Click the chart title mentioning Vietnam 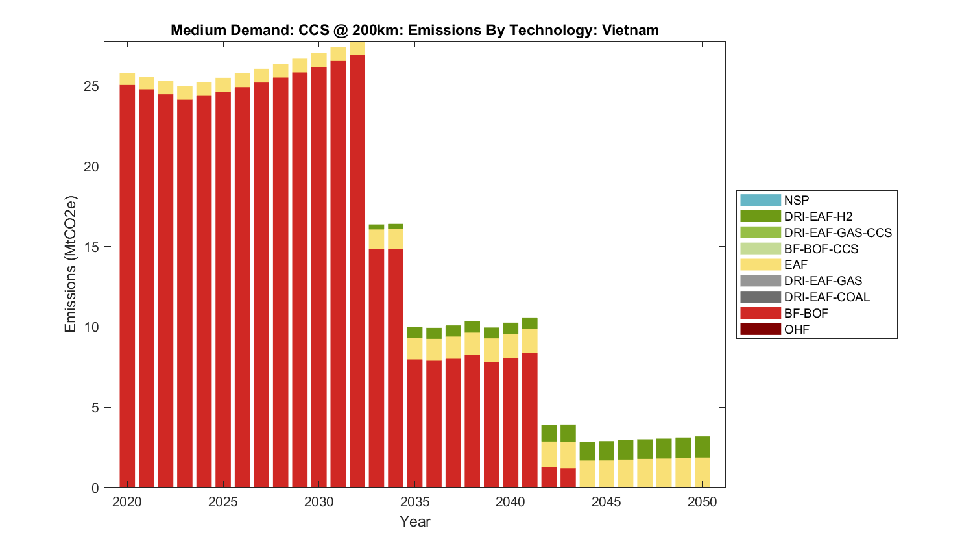414,30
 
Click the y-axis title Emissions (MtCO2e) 70,264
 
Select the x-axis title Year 414,521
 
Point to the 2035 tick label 414,502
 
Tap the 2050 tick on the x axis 702,502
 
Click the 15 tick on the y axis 91,247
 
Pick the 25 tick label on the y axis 91,86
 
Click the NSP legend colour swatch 760,201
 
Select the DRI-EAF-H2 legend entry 818,217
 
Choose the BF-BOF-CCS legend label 821,249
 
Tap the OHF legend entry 797,329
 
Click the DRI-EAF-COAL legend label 826,297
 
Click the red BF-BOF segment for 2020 127,286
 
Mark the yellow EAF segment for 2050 702,472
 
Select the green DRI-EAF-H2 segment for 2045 606,451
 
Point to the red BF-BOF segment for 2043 568,477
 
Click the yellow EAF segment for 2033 376,239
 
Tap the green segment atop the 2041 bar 529,323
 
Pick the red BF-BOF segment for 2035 414,423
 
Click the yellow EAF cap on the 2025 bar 223,85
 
